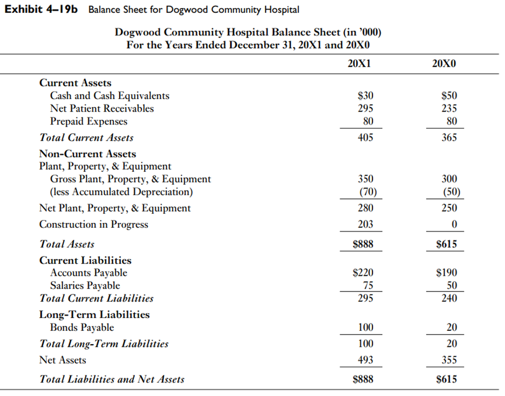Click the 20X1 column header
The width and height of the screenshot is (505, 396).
tap(359, 63)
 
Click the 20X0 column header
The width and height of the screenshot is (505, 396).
tap(444, 63)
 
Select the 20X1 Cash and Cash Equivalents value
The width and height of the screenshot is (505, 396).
tap(365, 96)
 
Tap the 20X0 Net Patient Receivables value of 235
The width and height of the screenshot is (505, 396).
tap(449, 108)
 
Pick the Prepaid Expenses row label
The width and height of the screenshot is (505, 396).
tap(88, 121)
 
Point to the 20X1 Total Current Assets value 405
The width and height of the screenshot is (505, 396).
tap(365, 137)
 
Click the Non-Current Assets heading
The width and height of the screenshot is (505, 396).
tap(87, 154)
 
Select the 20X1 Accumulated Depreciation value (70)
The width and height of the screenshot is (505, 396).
tap(366, 192)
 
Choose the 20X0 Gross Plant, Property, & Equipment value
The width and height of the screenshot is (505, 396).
tap(449, 179)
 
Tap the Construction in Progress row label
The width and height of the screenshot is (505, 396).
tap(93, 225)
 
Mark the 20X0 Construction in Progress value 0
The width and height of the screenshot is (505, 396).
tap(454, 225)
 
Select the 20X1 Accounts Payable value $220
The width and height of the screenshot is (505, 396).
tap(363, 273)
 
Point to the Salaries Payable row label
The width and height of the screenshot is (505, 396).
tap(85, 286)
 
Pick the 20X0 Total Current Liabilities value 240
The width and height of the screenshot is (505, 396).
tap(449, 298)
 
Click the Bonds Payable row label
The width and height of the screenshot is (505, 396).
tap(82, 328)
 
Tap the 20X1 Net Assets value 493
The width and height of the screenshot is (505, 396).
tap(365, 360)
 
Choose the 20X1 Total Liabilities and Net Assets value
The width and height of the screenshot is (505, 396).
tap(363, 379)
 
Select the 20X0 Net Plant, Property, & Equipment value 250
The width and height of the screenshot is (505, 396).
tap(449, 208)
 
